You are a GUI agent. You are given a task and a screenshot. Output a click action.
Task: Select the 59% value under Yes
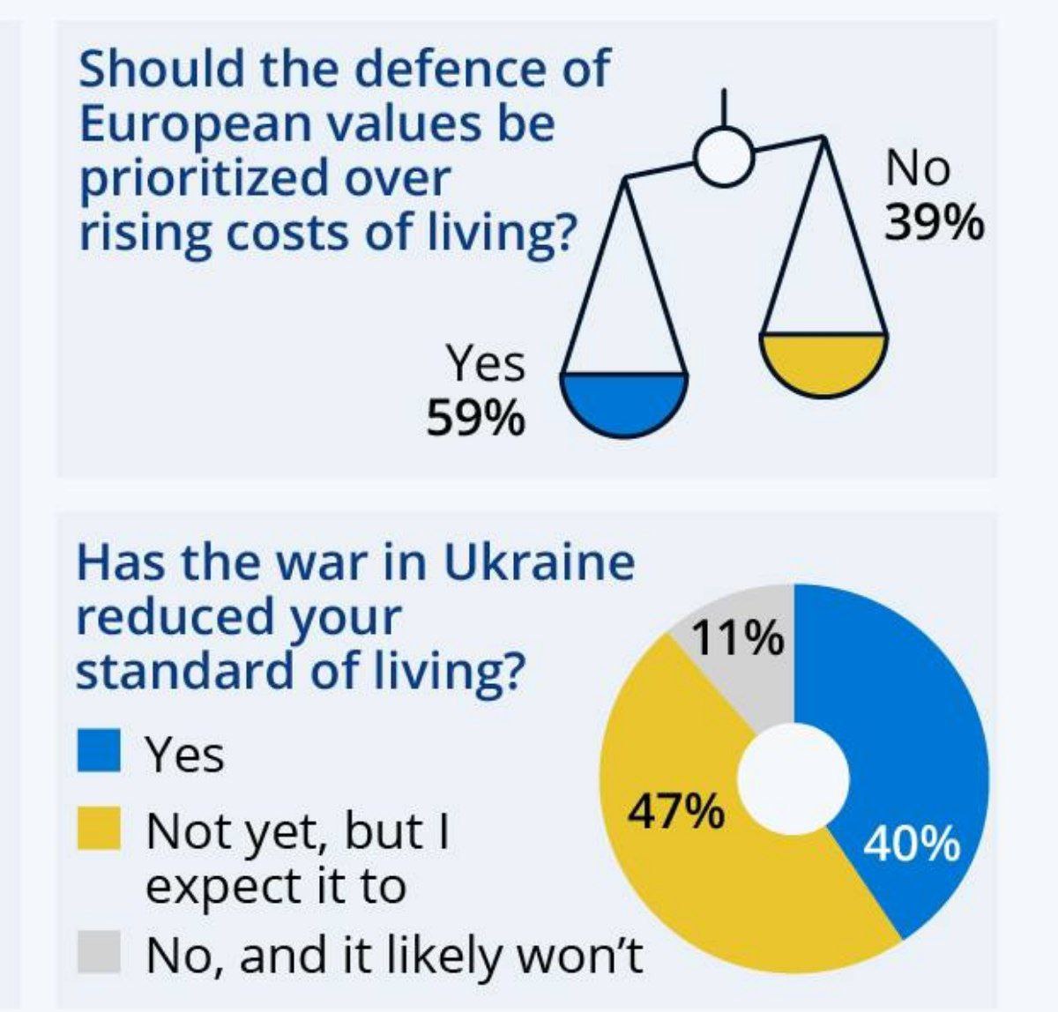click(475, 417)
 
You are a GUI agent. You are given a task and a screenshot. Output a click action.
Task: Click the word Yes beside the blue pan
click(484, 362)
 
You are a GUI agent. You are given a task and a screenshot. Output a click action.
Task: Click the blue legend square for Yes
click(98, 751)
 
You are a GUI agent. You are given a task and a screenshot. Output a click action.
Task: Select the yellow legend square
click(98, 829)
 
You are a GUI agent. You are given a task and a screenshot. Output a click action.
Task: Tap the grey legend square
click(98, 952)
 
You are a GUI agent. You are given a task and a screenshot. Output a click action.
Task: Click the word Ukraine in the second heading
click(537, 562)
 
